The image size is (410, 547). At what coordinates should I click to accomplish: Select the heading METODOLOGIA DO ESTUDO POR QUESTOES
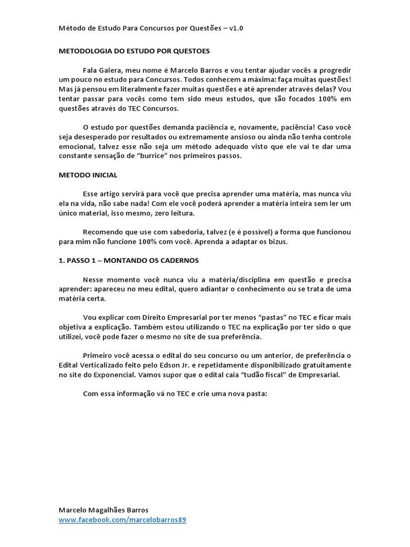[x=134, y=51]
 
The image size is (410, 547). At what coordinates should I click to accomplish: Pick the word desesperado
[x=94, y=137]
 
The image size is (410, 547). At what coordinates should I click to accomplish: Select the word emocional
[x=75, y=147]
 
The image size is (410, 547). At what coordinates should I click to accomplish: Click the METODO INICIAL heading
[x=88, y=175]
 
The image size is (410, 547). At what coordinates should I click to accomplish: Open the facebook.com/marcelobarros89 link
[x=122, y=520]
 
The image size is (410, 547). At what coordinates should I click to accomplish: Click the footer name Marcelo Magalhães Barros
[x=103, y=510]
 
